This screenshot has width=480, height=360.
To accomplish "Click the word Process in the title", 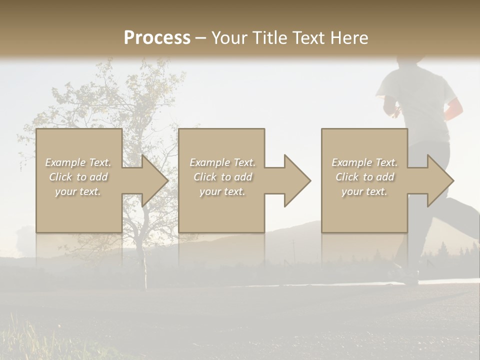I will click(x=157, y=38).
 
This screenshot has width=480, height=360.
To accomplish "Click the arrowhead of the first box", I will click(x=155, y=180).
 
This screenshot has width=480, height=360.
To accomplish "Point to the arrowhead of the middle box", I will click(x=297, y=180).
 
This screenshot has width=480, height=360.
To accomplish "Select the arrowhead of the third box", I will click(x=440, y=180).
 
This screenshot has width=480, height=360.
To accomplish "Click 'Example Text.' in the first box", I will click(x=78, y=162).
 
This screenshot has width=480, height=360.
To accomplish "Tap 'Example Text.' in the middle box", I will click(x=222, y=162).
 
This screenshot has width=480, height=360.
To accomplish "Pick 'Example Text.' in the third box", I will click(x=364, y=162).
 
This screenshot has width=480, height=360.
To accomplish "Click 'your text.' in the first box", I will click(x=78, y=191).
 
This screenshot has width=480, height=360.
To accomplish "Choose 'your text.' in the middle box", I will click(x=222, y=191).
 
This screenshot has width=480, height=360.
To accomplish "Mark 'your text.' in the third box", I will click(x=364, y=191).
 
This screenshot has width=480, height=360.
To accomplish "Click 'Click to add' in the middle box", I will click(x=222, y=177).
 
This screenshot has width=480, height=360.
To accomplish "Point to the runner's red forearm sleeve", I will click(x=454, y=109).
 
